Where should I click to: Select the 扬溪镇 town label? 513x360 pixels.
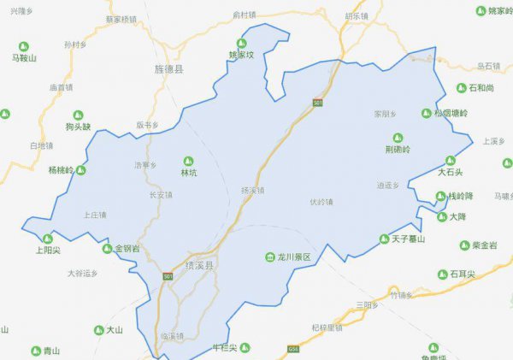coord(253,190)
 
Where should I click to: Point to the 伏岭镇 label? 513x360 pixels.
coord(321,203)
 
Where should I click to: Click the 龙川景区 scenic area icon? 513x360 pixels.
coord(268,257)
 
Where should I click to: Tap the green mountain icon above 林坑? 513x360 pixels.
coord(189,160)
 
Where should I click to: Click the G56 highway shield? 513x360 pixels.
coord(294,350)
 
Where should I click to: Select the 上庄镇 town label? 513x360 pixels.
coord(95,215)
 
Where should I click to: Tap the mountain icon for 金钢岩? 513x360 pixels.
coord(108,249)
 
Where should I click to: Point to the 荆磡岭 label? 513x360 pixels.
coord(398,148)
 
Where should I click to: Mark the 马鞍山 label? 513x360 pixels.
coord(24,58)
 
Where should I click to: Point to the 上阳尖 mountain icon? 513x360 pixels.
coord(48,239)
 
